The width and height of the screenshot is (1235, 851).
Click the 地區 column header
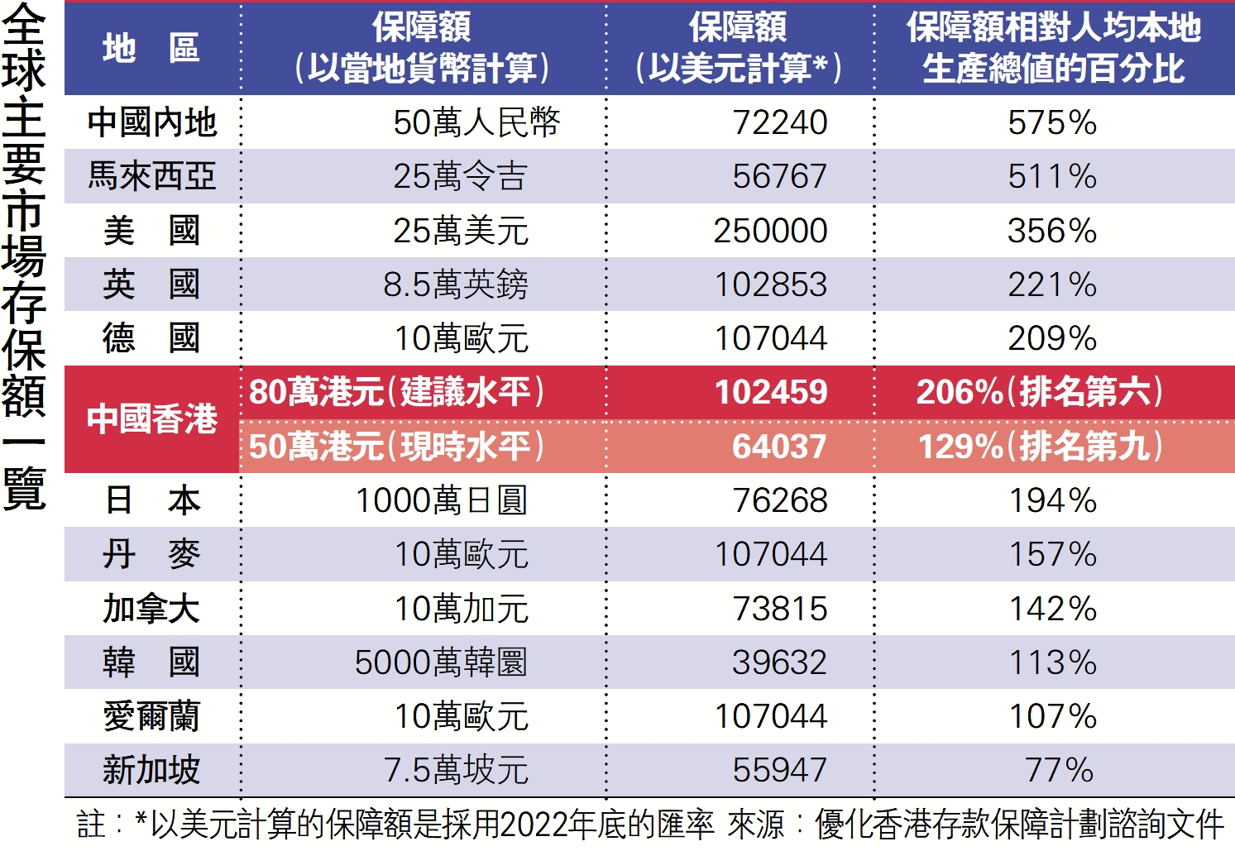tap(151, 48)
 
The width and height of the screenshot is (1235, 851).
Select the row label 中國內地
tap(152, 122)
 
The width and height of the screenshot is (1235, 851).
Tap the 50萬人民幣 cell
tap(476, 122)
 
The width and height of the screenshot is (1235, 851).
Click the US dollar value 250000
tap(770, 231)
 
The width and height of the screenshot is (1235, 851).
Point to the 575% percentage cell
tap(1052, 122)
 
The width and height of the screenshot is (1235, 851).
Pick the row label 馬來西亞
tap(152, 176)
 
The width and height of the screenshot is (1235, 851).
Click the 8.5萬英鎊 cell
tap(456, 284)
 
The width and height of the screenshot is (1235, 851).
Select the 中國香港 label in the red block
tap(152, 418)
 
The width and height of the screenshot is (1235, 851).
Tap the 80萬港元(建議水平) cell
tap(397, 392)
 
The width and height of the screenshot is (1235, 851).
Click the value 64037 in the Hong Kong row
tap(779, 447)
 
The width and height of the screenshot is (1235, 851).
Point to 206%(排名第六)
tap(1040, 392)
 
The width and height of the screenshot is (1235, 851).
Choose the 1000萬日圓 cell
tap(441, 500)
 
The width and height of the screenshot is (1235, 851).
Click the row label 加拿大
tap(151, 609)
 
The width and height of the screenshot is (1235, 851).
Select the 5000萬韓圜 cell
tap(441, 662)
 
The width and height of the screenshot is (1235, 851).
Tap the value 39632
tap(779, 662)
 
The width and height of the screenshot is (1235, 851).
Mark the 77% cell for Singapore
tap(1060, 770)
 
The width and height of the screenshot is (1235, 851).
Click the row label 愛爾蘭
tap(151, 716)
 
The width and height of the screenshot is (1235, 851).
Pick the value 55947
tap(779, 770)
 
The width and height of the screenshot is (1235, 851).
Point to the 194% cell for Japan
tap(1052, 500)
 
